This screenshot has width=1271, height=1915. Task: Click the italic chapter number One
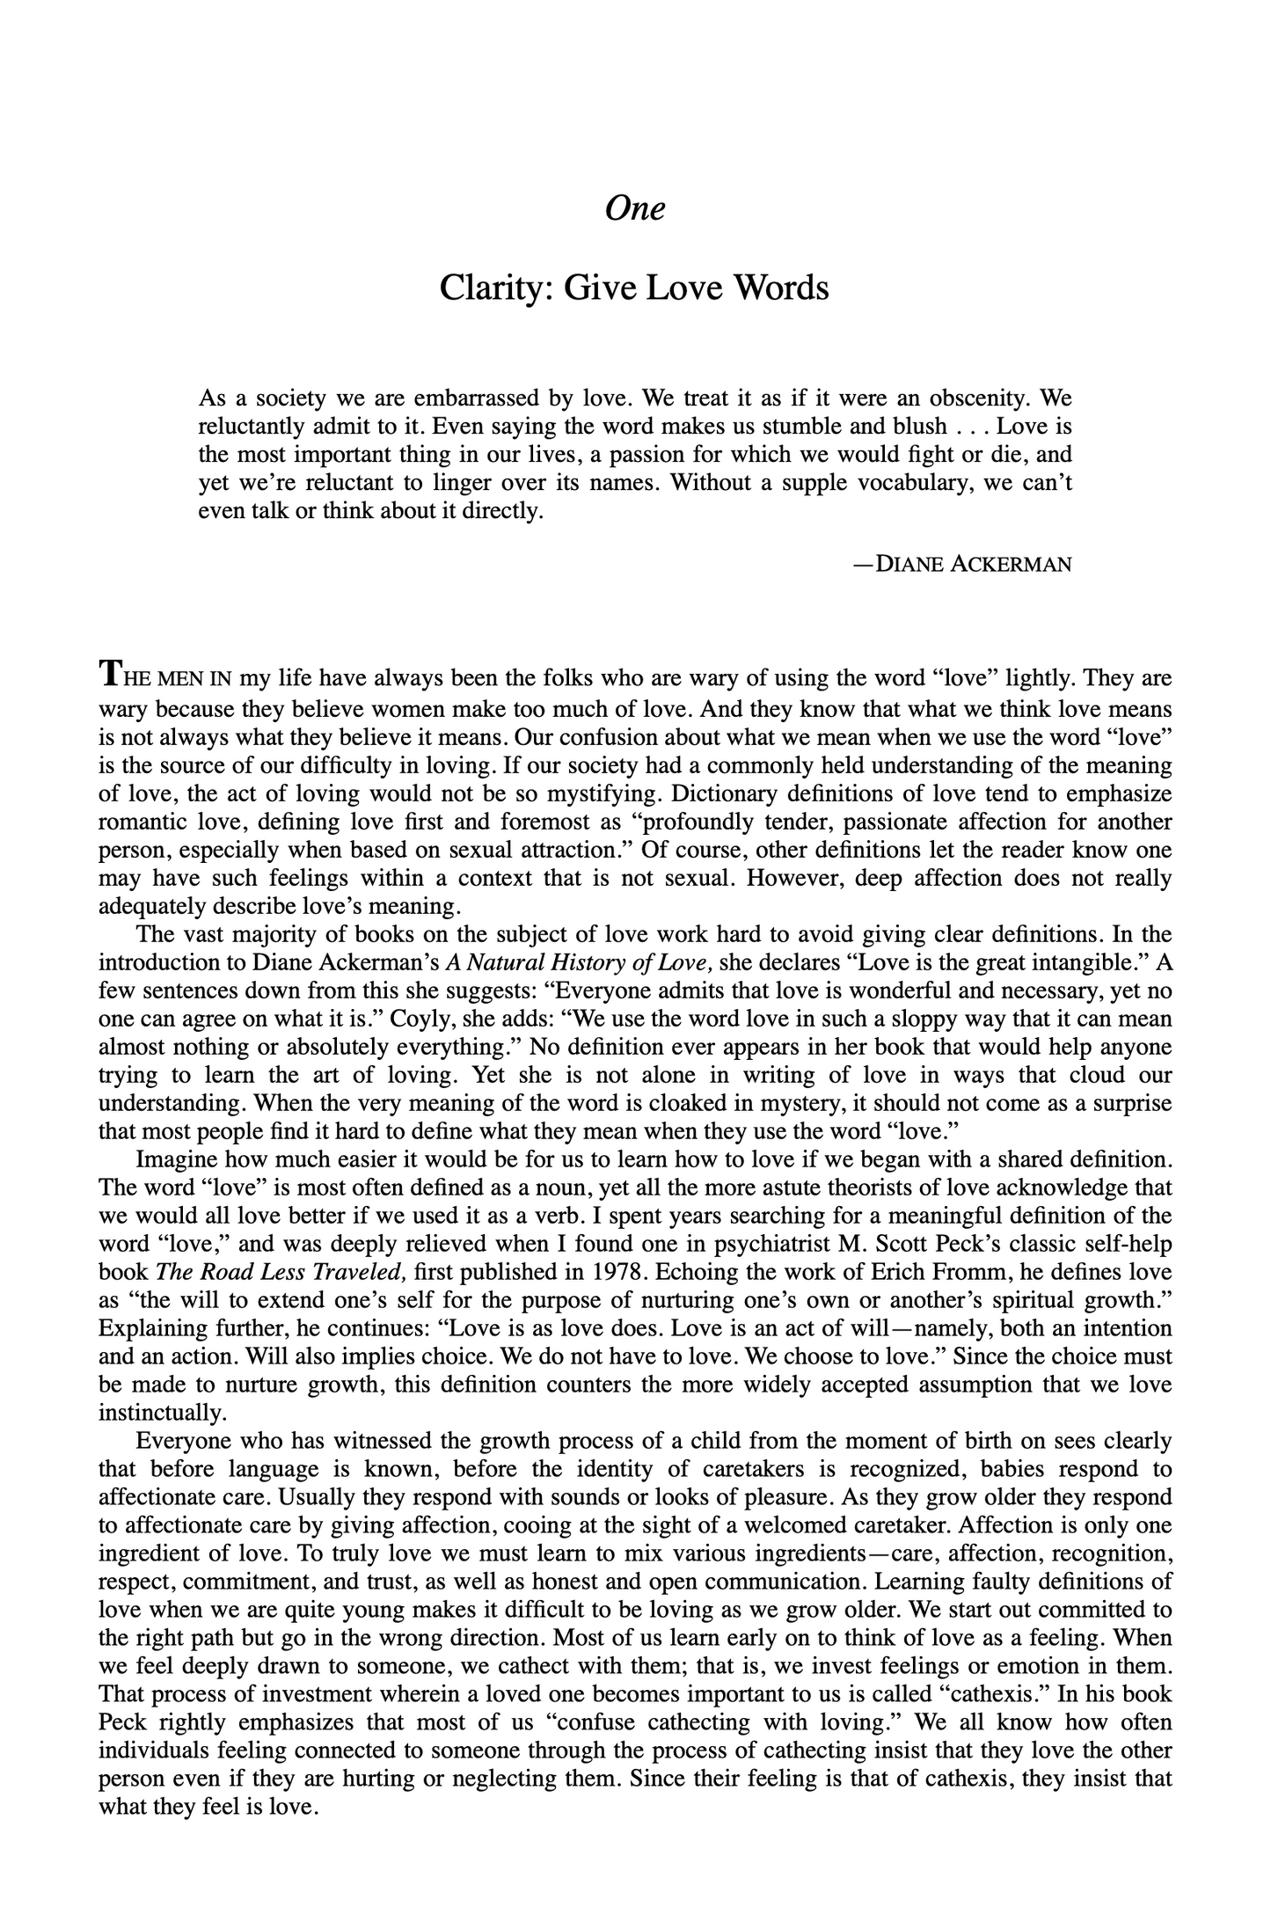(635, 208)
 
